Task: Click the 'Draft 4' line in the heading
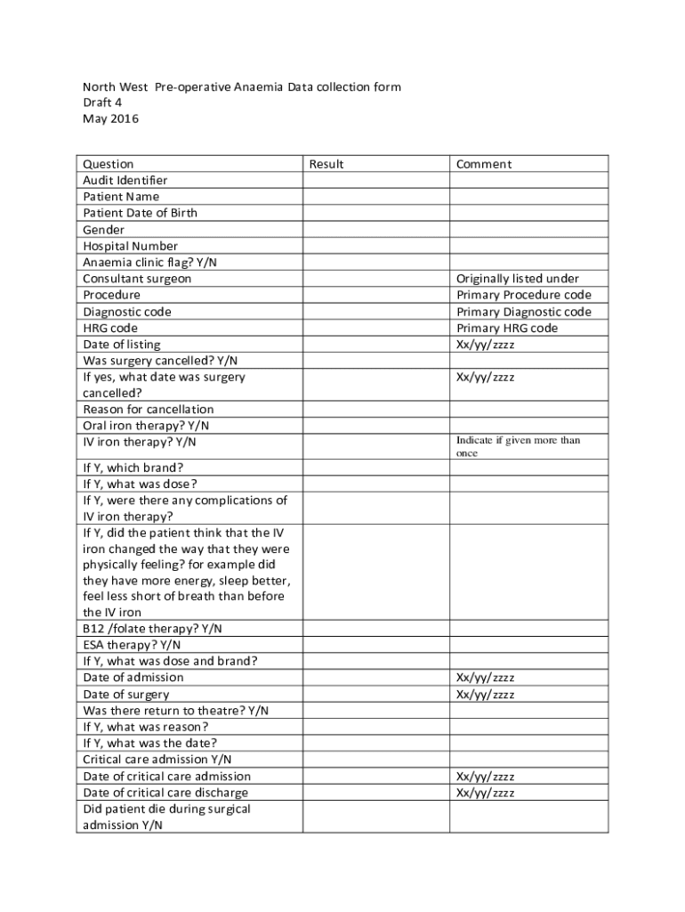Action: click(x=102, y=102)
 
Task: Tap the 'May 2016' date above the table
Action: click(x=111, y=118)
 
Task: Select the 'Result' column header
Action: click(x=326, y=164)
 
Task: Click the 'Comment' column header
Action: click(x=484, y=164)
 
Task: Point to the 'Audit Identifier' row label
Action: click(x=125, y=181)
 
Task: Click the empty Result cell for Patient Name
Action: click(x=375, y=197)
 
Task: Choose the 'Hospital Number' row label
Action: click(x=131, y=246)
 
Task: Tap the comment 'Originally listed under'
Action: click(x=518, y=279)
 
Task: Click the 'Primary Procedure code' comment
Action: click(x=524, y=295)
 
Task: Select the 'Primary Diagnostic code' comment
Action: click(x=524, y=312)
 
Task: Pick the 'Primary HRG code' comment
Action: click(x=507, y=328)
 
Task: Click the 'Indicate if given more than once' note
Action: click(x=518, y=446)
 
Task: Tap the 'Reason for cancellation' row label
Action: click(x=149, y=410)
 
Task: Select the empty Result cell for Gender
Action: click(x=375, y=230)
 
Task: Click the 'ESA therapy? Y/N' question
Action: click(x=132, y=645)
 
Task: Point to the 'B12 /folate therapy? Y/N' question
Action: click(x=153, y=628)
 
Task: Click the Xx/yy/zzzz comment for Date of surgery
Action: click(x=486, y=695)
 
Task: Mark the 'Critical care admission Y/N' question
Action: click(x=157, y=760)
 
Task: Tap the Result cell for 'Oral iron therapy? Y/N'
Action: click(x=375, y=426)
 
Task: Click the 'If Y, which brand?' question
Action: click(x=133, y=468)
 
